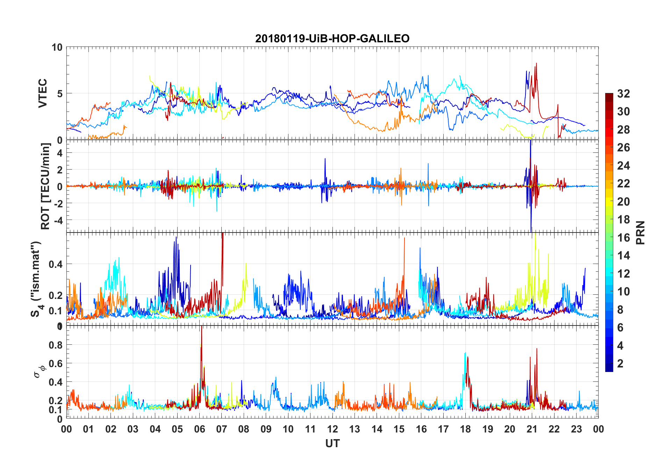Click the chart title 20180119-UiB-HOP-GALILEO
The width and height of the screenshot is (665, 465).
(332, 38)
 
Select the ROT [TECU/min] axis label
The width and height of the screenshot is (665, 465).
(45, 186)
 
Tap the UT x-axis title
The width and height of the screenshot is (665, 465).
(332, 444)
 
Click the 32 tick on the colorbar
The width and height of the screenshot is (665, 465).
(623, 93)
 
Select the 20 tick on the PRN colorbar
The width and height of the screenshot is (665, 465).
(623, 201)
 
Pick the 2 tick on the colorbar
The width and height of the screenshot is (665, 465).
(620, 363)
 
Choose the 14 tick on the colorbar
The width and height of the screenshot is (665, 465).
(623, 256)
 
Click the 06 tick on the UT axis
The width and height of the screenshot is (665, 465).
(199, 429)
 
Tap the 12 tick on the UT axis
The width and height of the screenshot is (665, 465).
(332, 429)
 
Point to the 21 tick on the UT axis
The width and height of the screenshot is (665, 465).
(532, 429)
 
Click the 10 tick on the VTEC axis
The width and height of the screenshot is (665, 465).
(57, 47)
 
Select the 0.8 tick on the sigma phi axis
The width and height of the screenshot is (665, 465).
(56, 345)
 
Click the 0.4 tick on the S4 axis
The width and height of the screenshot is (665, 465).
(56, 264)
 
